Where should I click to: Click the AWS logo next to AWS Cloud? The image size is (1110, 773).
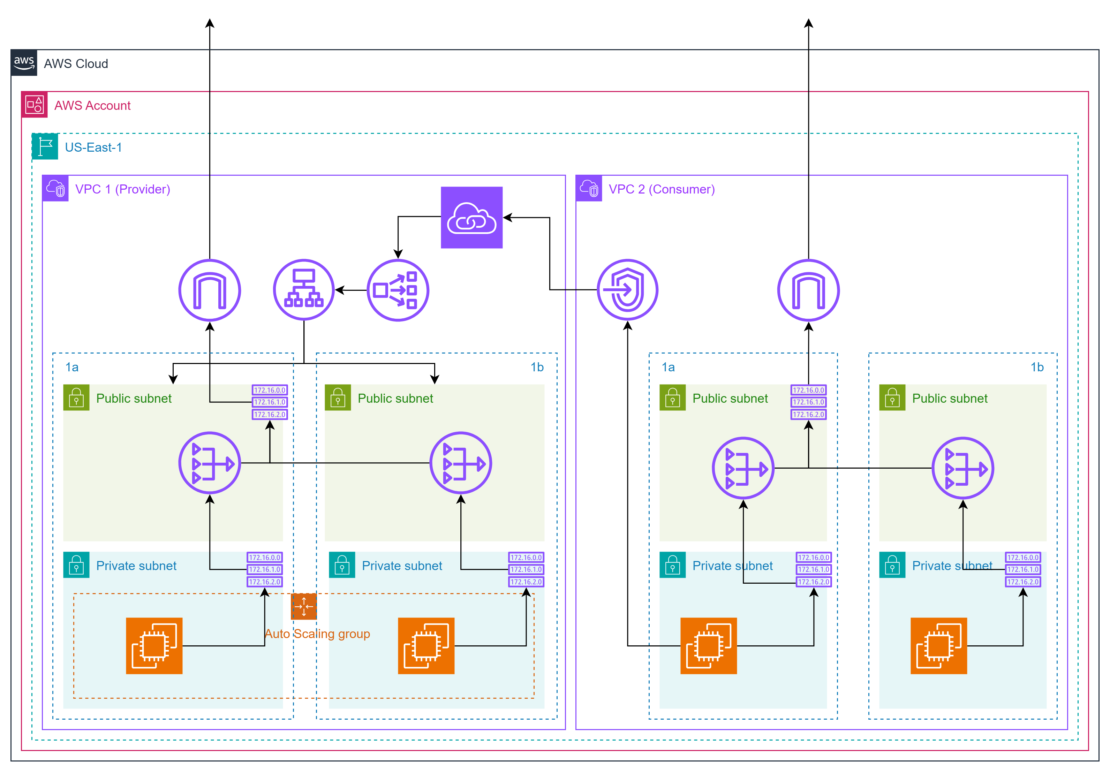pos(24,63)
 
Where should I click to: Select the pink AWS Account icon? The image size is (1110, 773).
pos(34,104)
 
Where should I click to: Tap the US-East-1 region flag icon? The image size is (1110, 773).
pos(45,146)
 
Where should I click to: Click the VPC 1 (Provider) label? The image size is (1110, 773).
pos(122,189)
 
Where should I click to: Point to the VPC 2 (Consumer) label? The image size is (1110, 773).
pos(661,189)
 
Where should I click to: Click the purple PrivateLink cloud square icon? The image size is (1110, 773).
pos(471,218)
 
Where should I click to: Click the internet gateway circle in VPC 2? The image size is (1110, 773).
pos(808,290)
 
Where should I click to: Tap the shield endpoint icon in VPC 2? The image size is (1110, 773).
pos(627,290)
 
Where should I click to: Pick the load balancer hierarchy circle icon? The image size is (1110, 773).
pos(304,290)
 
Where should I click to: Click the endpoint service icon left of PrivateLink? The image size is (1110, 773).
pos(398,290)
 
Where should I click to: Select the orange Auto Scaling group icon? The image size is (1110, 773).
pos(304,606)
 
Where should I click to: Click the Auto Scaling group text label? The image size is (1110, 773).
pos(317,634)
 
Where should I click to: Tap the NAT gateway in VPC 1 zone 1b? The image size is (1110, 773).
pos(460,463)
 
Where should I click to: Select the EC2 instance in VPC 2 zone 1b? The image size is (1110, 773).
pos(938,645)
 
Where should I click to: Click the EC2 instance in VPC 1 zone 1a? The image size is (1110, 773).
pos(154,645)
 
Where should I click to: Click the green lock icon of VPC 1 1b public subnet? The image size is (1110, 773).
pos(338,397)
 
